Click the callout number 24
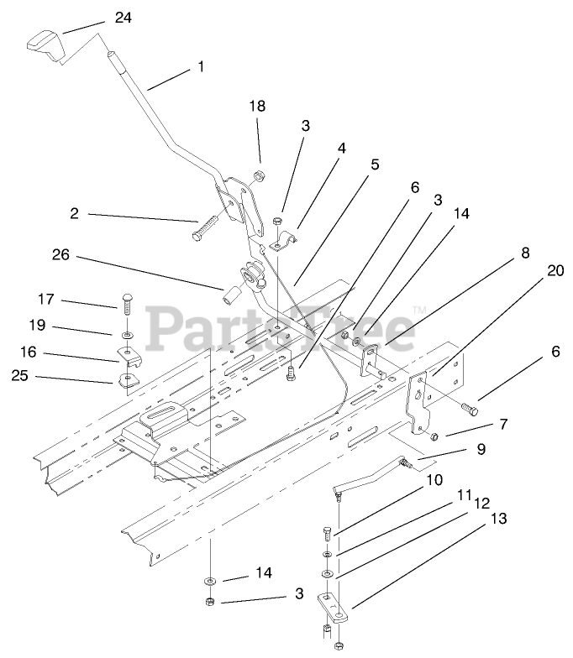pos(123,17)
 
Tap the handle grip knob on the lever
pos(46,45)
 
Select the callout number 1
pos(200,66)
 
